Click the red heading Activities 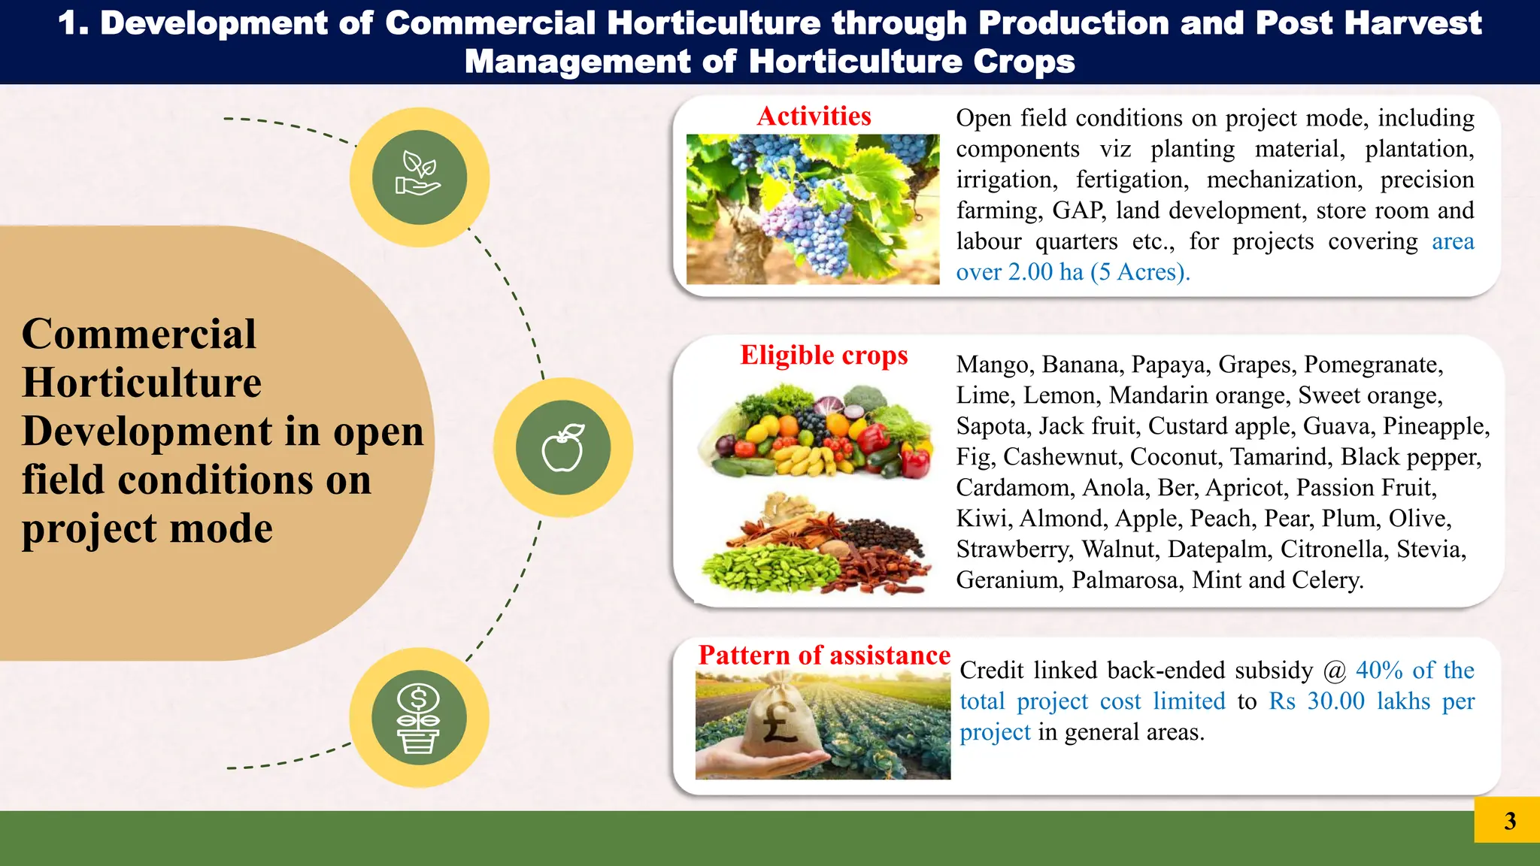[x=814, y=117]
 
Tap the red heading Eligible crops [x=823, y=355]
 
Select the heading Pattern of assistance [x=823, y=655]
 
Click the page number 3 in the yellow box [x=1509, y=821]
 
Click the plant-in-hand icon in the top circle [x=419, y=177]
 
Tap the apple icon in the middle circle [x=563, y=448]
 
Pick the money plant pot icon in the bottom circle [x=419, y=718]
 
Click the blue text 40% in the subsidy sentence [x=1379, y=671]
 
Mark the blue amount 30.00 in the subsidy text [x=1335, y=701]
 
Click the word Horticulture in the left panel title [x=141, y=383]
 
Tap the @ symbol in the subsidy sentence [x=1334, y=671]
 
